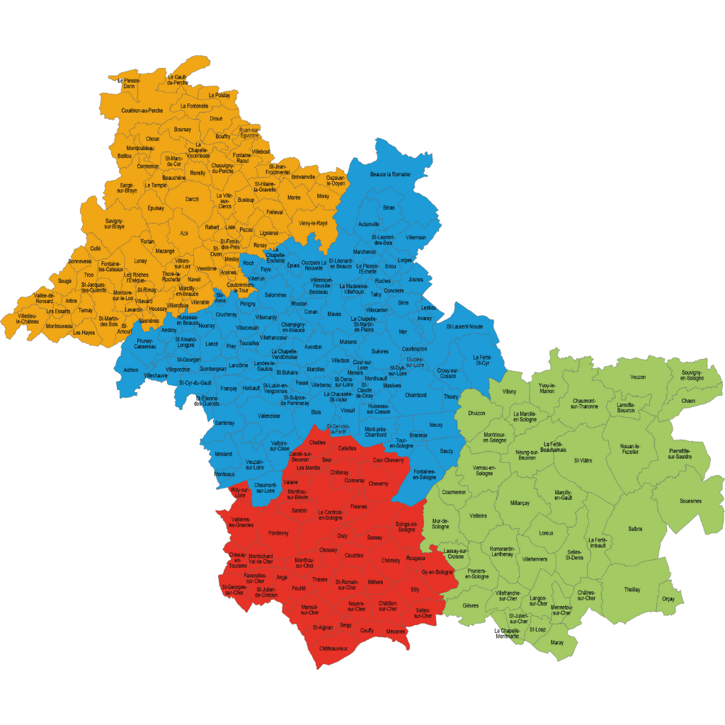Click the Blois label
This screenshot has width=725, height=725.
316,412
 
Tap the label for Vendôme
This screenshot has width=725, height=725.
206,268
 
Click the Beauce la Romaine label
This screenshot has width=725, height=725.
390,173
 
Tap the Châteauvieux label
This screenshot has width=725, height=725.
333,649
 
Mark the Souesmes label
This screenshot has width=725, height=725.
690,501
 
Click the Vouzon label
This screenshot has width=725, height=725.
638,377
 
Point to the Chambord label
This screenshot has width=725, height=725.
416,395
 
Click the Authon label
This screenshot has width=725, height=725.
131,370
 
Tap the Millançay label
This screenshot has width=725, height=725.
520,503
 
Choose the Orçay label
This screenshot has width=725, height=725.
668,599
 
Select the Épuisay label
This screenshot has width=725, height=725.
156,208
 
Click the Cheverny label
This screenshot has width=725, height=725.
378,484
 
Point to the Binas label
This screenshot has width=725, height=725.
389,207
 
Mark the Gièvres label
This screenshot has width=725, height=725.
471,605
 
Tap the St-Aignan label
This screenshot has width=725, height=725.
322,627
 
